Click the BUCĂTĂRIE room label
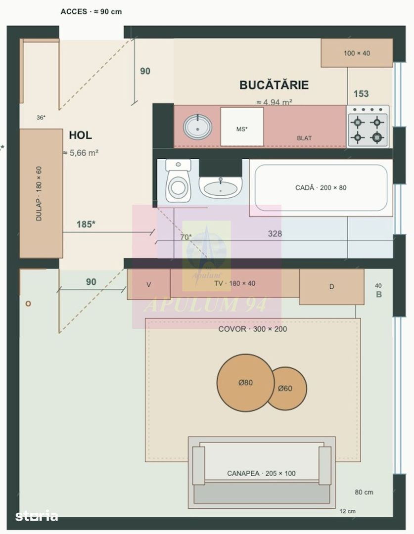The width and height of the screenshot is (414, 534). [x=274, y=85]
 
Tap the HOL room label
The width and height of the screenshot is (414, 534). [x=81, y=135]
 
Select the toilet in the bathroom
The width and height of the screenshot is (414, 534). [x=178, y=180]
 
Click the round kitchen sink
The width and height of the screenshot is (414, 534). [x=198, y=127]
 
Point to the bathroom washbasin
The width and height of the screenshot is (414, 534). [x=221, y=187]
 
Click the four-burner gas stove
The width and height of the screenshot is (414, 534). [x=368, y=127]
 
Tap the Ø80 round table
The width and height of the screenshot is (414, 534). [x=245, y=383]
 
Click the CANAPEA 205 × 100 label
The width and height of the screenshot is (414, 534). [x=261, y=473]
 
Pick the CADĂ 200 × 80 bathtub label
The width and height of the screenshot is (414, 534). [x=321, y=188]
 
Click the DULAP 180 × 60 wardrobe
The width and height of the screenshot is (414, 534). [x=41, y=193]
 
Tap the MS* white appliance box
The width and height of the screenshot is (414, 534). [x=242, y=127]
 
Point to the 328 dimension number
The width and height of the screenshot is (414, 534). [x=275, y=233]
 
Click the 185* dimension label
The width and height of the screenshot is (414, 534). [x=86, y=224]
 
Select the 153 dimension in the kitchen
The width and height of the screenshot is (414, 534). [x=361, y=93]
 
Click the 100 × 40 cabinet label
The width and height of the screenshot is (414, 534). [x=357, y=53]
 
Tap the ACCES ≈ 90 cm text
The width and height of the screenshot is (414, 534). [x=91, y=11]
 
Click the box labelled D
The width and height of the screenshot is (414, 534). [x=331, y=287]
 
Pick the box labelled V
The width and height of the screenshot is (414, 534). [x=148, y=284]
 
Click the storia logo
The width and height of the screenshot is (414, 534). [x=37, y=516]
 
